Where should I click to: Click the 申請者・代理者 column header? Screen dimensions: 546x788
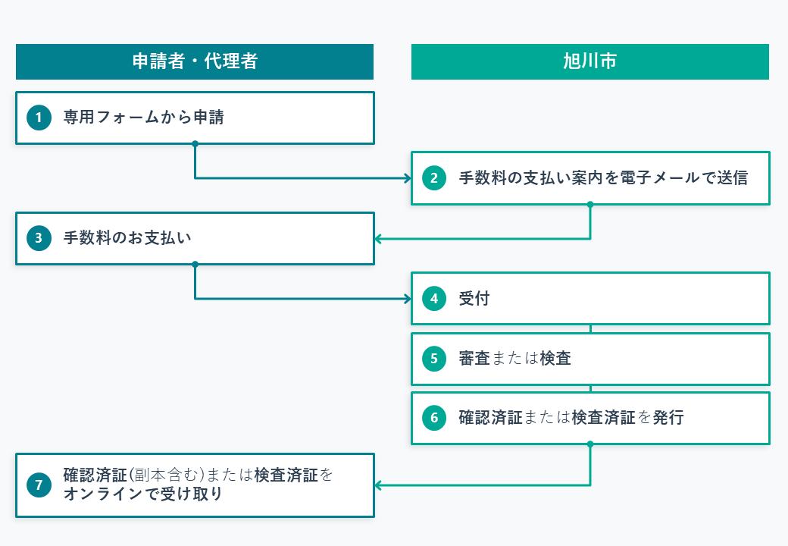coord(195,61)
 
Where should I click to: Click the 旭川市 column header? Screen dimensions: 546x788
coord(589,61)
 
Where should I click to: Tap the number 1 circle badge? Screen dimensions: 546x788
coord(38,118)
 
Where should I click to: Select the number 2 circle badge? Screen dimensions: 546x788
coord(433,178)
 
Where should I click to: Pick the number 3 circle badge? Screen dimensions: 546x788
coord(38,238)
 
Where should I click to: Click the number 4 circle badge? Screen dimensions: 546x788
coord(433,299)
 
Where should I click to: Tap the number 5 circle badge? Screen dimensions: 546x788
coord(433,359)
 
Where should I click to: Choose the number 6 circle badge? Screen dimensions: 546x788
coord(433,418)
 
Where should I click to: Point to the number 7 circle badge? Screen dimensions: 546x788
coord(38,485)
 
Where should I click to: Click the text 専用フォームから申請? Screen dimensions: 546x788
coord(143,118)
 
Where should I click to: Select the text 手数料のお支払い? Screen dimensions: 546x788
coord(127,238)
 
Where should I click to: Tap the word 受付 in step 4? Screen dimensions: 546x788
coord(474,299)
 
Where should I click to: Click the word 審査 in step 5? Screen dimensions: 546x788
coord(474,359)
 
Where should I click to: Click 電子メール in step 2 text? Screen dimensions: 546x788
coord(660,178)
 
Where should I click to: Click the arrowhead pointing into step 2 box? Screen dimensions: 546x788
coord(407,178)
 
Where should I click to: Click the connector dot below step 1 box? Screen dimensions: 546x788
coord(195,143)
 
